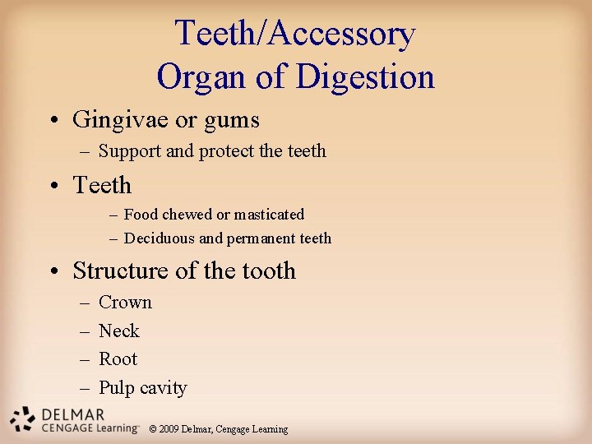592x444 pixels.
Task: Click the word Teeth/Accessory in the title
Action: click(x=295, y=35)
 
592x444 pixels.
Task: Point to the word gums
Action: click(x=232, y=121)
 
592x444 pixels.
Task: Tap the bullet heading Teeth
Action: click(x=102, y=185)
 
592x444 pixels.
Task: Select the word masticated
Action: click(x=269, y=215)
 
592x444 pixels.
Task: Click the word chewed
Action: click(x=188, y=215)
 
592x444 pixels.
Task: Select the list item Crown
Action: click(x=125, y=303)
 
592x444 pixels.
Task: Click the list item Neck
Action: click(x=119, y=331)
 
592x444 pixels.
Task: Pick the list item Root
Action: click(x=118, y=359)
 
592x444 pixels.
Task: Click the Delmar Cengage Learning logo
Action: click(x=70, y=419)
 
